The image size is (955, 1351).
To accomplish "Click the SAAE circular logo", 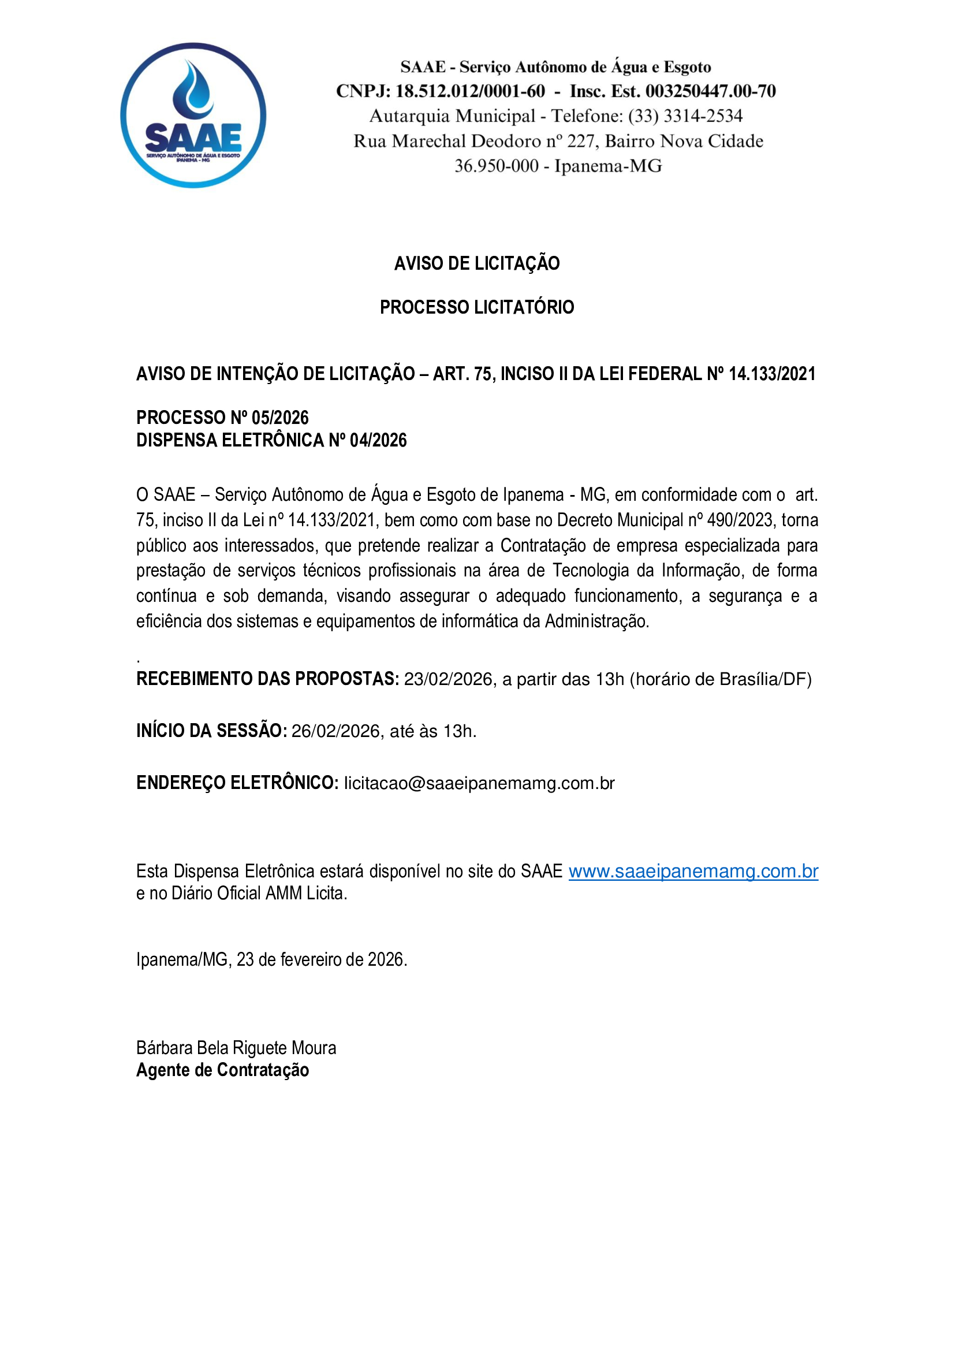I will click(x=193, y=116).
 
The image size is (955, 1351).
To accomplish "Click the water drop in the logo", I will click(x=193, y=91).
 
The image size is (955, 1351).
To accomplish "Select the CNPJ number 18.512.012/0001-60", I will click(x=470, y=91).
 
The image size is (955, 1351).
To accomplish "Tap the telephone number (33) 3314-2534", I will click(x=685, y=116).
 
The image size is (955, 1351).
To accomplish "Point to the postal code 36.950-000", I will click(x=497, y=166).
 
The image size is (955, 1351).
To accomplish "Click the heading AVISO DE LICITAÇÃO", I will click(x=477, y=263).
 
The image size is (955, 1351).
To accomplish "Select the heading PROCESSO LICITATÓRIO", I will click(x=477, y=307).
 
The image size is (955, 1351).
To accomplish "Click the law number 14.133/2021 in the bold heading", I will click(x=771, y=374).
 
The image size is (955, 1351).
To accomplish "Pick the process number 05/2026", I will click(x=280, y=418).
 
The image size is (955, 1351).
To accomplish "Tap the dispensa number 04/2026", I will click(x=378, y=440).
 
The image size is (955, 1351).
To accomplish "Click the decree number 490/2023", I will click(x=739, y=520).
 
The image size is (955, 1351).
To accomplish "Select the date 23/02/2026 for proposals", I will click(x=448, y=679).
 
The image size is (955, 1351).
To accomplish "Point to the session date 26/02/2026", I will click(x=336, y=731).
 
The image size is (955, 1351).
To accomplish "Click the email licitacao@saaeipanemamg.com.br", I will click(x=479, y=783).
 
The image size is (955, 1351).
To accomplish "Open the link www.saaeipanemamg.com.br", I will click(x=693, y=872).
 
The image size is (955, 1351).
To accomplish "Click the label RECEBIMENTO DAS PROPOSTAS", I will click(x=267, y=679).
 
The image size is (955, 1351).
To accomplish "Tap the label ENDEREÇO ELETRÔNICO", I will click(x=237, y=783).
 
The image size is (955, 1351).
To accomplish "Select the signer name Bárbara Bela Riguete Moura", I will click(x=236, y=1048).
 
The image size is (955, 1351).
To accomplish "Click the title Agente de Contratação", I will click(x=223, y=1070).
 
